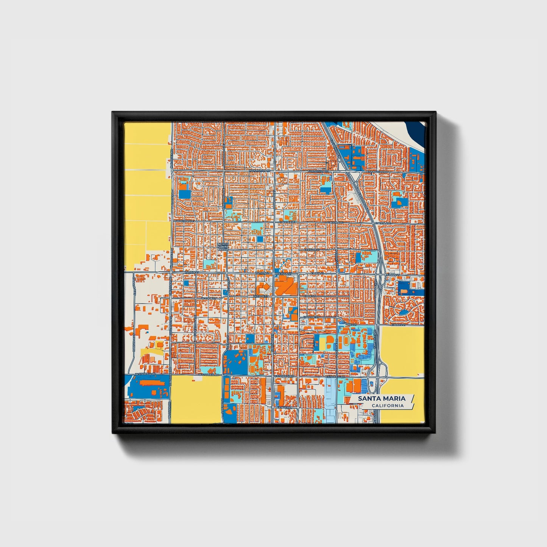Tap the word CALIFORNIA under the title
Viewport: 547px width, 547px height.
387,406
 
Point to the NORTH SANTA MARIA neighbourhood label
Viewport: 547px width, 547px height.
223,247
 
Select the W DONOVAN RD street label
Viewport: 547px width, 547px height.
260,171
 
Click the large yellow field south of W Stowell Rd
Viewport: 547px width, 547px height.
196,399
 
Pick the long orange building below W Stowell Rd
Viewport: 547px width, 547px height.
153,383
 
